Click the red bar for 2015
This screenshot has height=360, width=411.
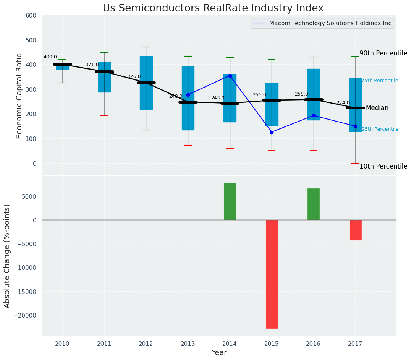pos(272,274)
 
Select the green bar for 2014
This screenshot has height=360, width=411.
pos(230,201)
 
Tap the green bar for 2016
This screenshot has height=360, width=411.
pos(314,204)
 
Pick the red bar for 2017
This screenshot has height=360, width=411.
pos(355,230)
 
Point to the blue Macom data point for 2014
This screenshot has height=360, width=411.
pos(230,76)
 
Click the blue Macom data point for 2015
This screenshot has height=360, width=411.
pos(272,132)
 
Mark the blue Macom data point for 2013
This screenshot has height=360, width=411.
pos(188,95)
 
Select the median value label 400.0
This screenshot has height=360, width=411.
pos(50,57)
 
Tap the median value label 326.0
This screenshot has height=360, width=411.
pos(134,76)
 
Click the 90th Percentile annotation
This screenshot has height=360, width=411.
pos(383,53)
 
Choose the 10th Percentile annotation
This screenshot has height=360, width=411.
pos(383,166)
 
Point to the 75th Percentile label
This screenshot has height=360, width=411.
pos(380,81)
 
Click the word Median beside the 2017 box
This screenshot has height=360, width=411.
pos(377,108)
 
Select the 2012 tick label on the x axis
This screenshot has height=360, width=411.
pos(146,344)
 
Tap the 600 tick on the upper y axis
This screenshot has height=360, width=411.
pos(31,15)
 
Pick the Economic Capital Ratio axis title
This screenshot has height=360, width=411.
pos(19,96)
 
